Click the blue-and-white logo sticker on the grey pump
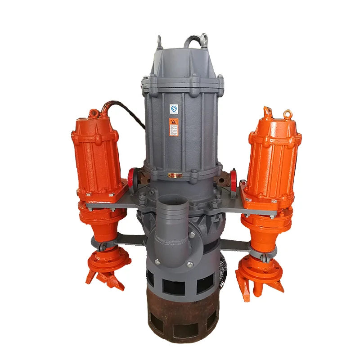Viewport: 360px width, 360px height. click(x=174, y=108)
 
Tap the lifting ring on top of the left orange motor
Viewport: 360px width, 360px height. click(x=94, y=112)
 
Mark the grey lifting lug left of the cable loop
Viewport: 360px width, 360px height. click(x=160, y=42)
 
